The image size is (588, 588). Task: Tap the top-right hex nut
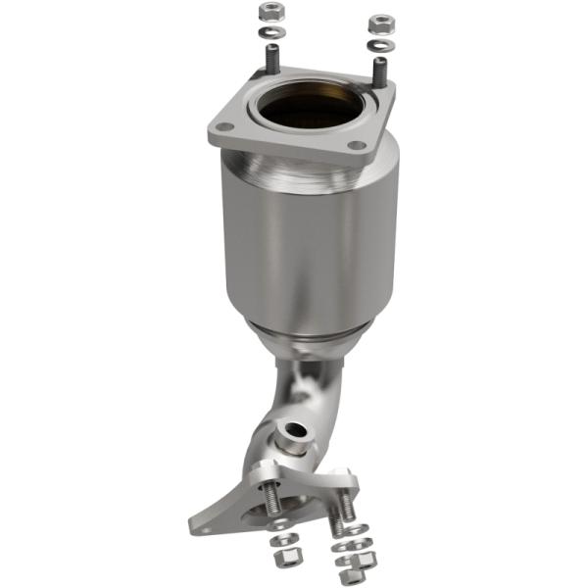pos(377,21)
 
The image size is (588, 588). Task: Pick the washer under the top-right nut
pos(376,44)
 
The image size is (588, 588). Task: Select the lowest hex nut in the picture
pos(345,576)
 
